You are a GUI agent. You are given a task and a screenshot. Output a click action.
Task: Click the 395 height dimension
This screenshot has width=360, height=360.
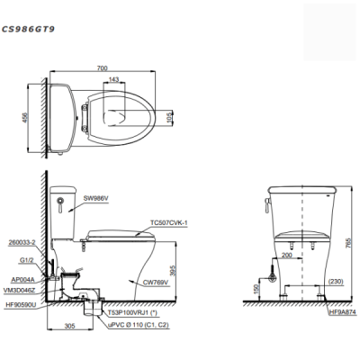pyautogui.click(x=173, y=272)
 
